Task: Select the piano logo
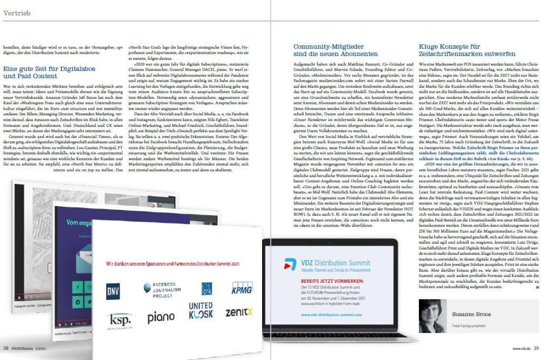[x=161, y=318]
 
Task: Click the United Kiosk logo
[x=201, y=311]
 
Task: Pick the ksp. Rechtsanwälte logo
[x=120, y=320]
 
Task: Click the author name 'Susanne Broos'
[x=465, y=314]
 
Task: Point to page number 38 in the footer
[x=5, y=348]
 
